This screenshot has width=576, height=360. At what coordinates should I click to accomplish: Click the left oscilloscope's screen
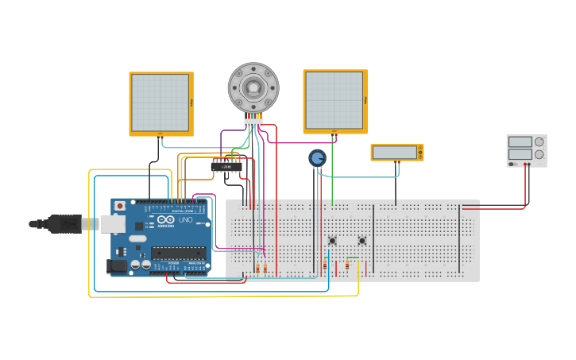[160, 103]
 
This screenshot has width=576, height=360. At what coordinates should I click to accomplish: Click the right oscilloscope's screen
[334, 100]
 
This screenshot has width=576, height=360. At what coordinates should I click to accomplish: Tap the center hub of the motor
[253, 87]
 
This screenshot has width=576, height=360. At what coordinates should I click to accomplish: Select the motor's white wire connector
[253, 122]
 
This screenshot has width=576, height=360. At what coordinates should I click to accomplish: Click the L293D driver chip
[226, 167]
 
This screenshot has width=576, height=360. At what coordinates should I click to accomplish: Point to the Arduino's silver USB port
[113, 224]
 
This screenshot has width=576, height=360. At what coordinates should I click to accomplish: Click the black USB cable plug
[64, 224]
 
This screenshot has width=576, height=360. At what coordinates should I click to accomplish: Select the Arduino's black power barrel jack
[117, 267]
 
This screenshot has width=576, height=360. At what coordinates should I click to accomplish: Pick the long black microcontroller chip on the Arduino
[178, 254]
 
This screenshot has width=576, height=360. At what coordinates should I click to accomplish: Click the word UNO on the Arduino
[185, 220]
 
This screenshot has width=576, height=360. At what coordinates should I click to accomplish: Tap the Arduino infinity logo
[165, 219]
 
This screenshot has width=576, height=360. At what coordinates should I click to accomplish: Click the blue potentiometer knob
[317, 158]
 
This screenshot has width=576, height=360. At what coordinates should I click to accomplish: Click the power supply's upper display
[520, 142]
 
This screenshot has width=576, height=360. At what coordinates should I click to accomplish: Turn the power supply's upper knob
[539, 142]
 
